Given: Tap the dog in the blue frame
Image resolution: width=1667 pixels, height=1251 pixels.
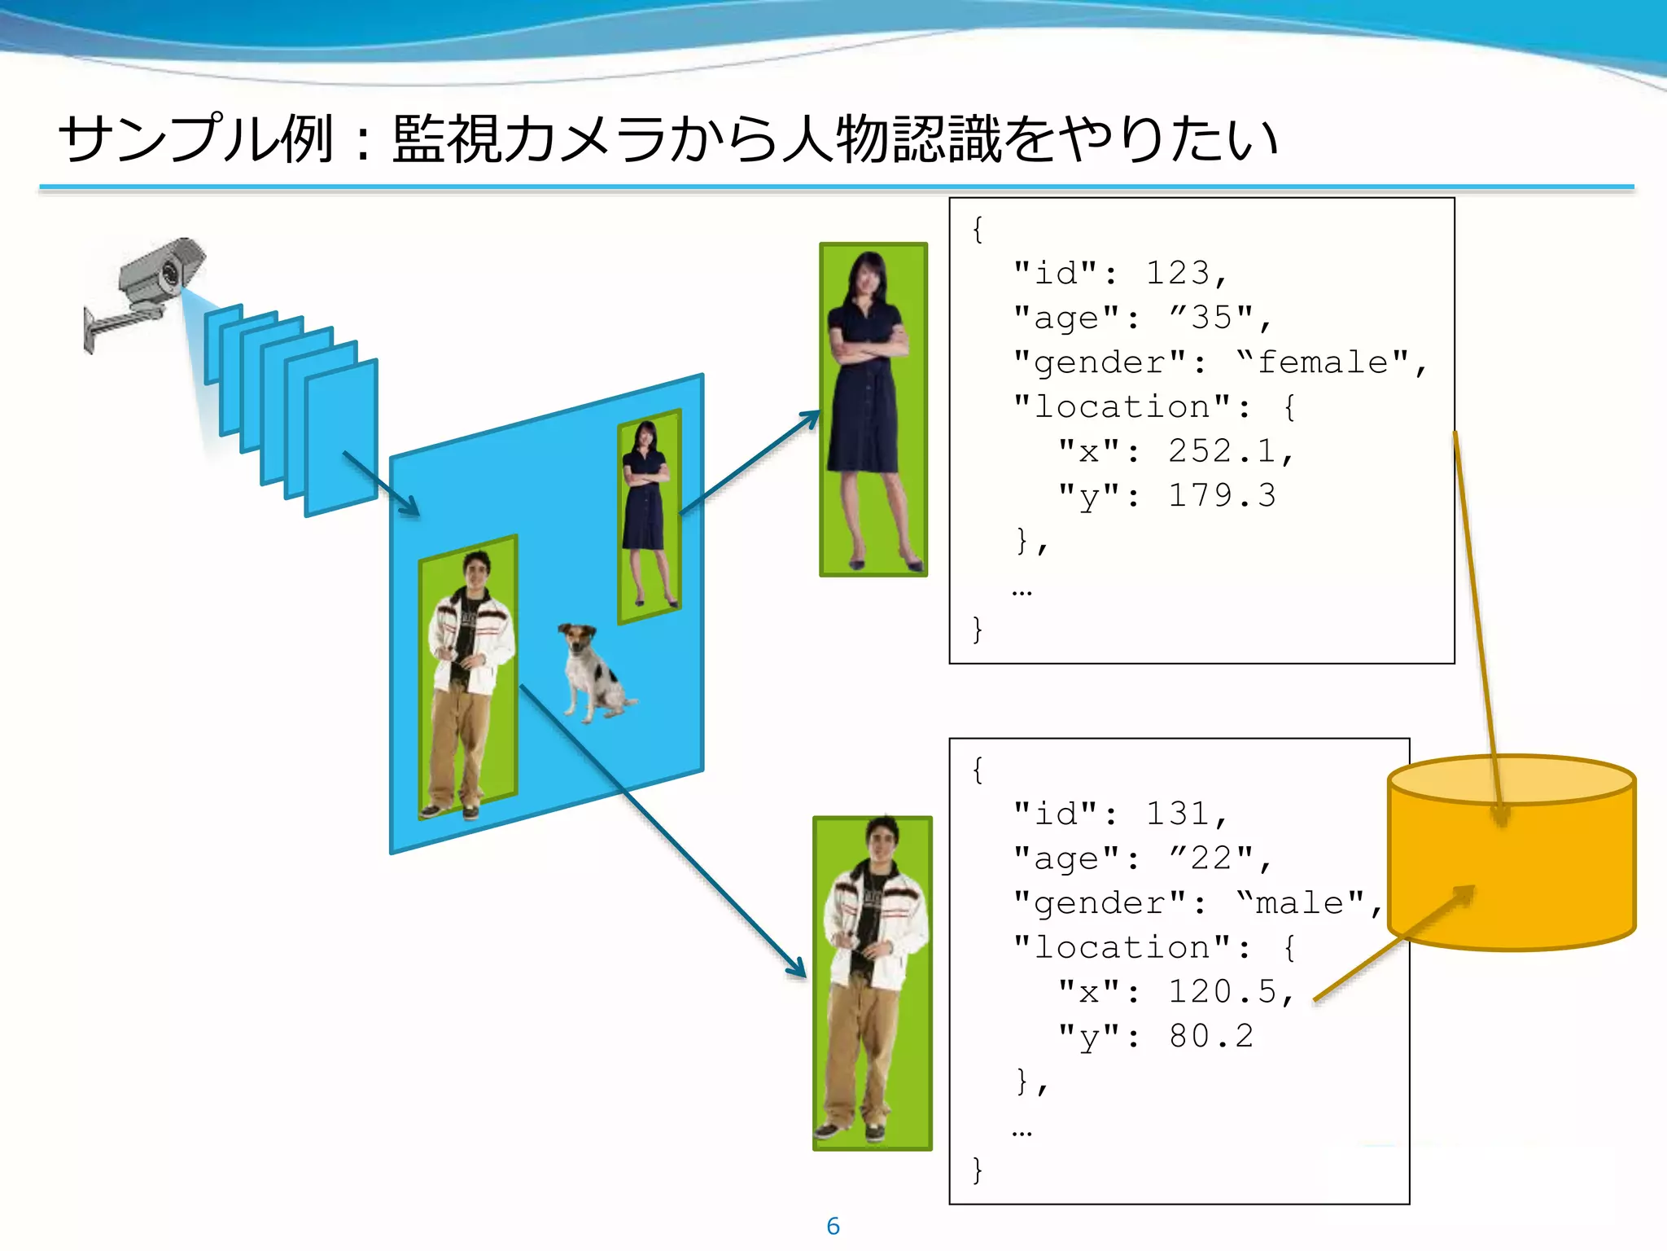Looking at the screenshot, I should coord(594,673).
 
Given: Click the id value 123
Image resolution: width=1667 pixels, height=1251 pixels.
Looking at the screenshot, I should coord(1178,273).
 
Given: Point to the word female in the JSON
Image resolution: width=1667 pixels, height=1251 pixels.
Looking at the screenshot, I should coord(1323,362).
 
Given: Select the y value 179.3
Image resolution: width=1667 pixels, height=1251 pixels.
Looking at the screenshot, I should coord(1222,495).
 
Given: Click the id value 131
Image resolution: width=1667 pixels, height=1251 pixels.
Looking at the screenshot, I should coord(1178,814).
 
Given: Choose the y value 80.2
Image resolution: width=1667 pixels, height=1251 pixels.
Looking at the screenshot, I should coord(1211,1036).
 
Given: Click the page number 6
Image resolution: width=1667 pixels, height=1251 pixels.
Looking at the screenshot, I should coord(833,1226).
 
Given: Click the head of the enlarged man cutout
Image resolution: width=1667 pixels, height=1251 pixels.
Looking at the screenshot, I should coord(881,839).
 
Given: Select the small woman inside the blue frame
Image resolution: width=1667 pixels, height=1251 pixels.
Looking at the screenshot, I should coord(647,513).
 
